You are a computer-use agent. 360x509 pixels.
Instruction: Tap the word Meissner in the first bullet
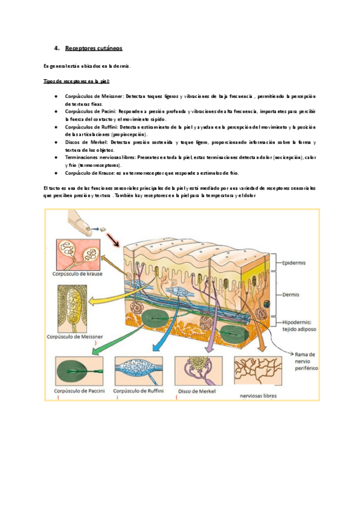coord(111,96)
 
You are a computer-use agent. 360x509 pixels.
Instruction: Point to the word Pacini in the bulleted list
coord(106,112)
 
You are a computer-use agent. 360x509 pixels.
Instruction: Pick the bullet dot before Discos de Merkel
coord(55,142)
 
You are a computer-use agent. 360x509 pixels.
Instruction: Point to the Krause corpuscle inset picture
coord(79,254)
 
